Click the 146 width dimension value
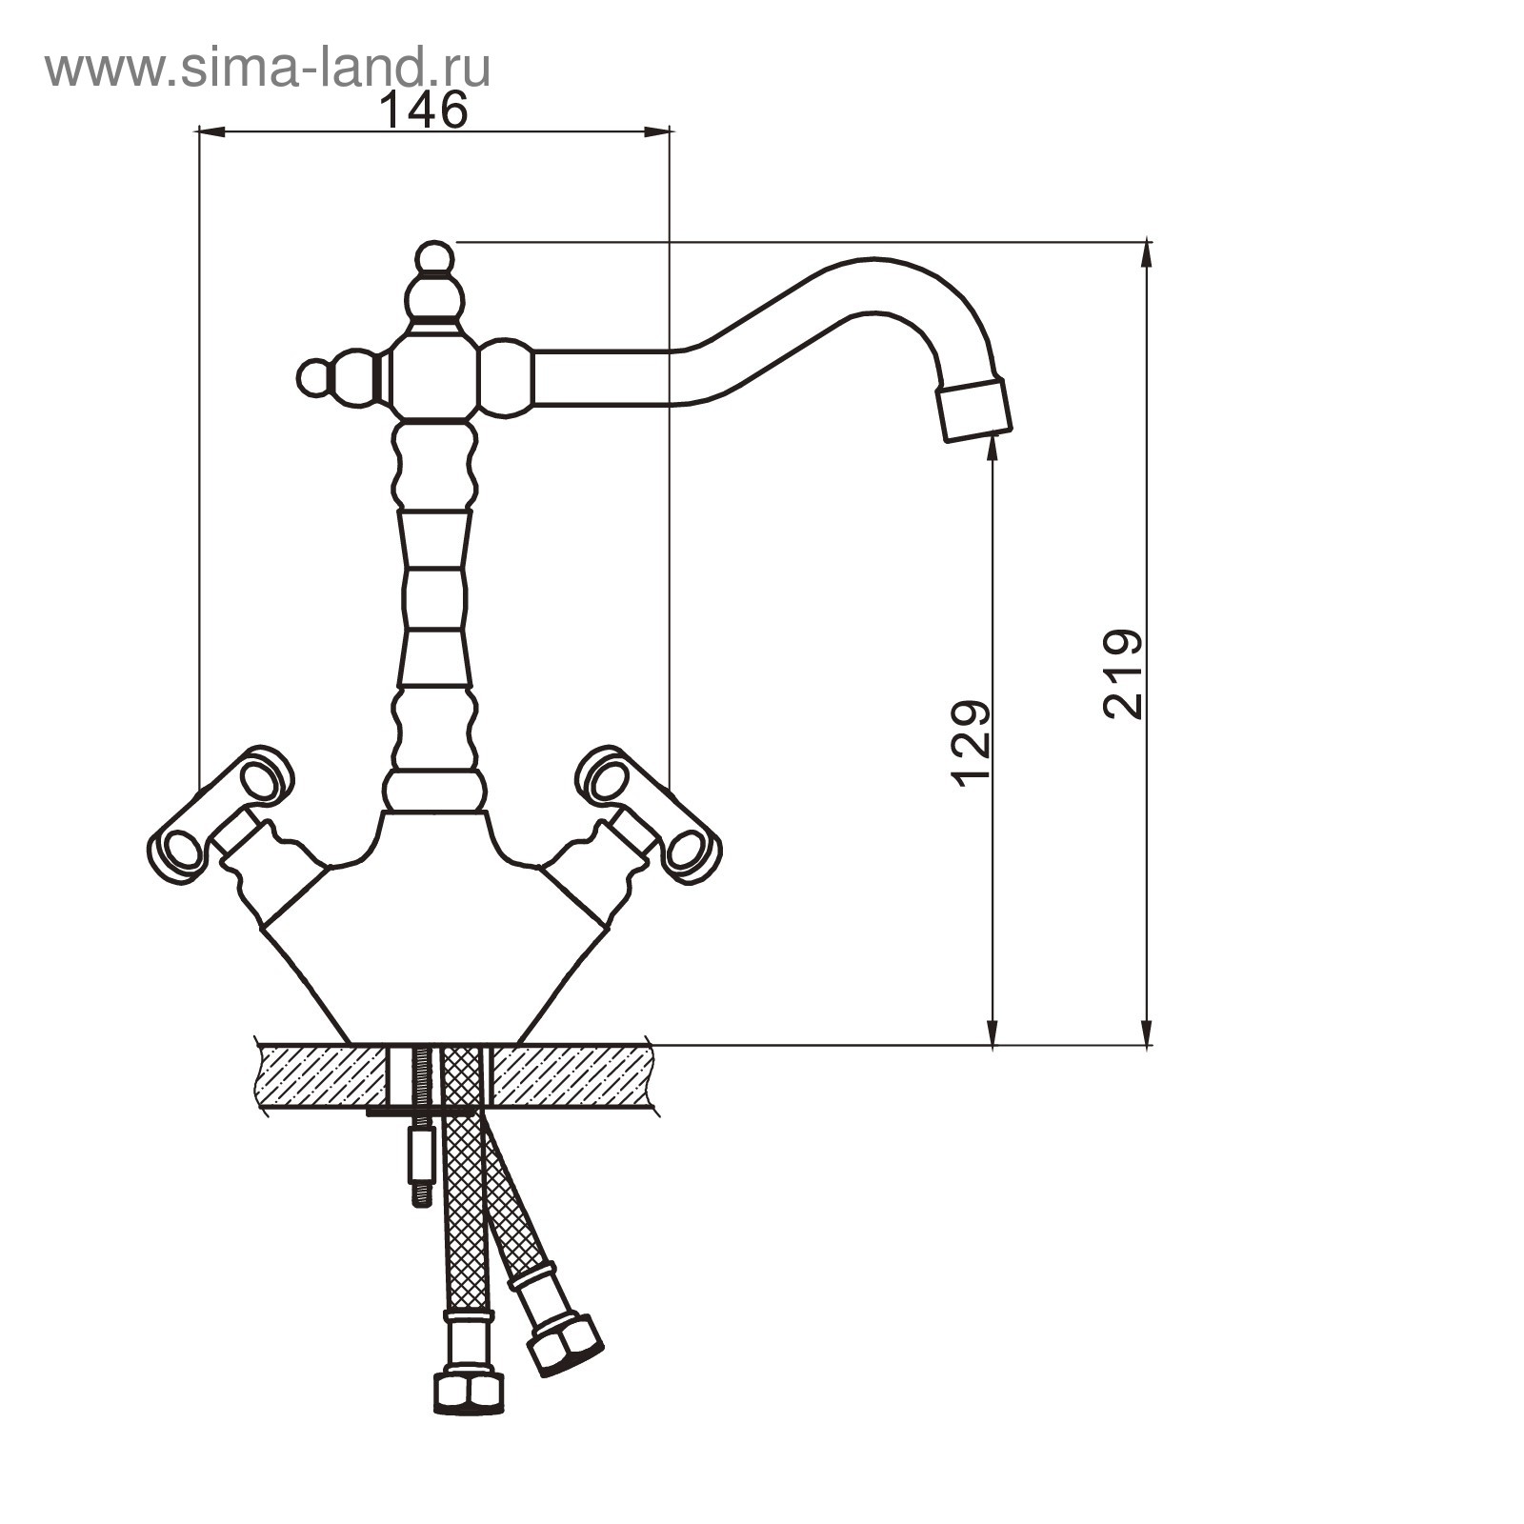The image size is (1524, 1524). tap(424, 110)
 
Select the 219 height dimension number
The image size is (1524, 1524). tap(1122, 673)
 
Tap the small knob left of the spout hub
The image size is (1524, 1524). tap(313, 377)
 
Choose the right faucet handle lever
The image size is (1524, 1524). tap(650, 814)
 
